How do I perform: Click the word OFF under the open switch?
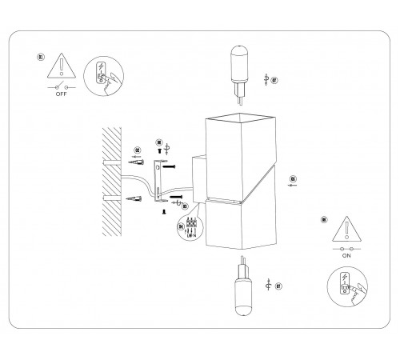pyautogui.click(x=61, y=92)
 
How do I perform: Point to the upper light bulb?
pyautogui.click(x=238, y=67)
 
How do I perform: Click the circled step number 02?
pyautogui.click(x=138, y=150)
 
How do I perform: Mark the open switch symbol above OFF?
pyautogui.click(x=61, y=85)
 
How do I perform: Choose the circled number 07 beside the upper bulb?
pyautogui.click(x=274, y=80)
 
